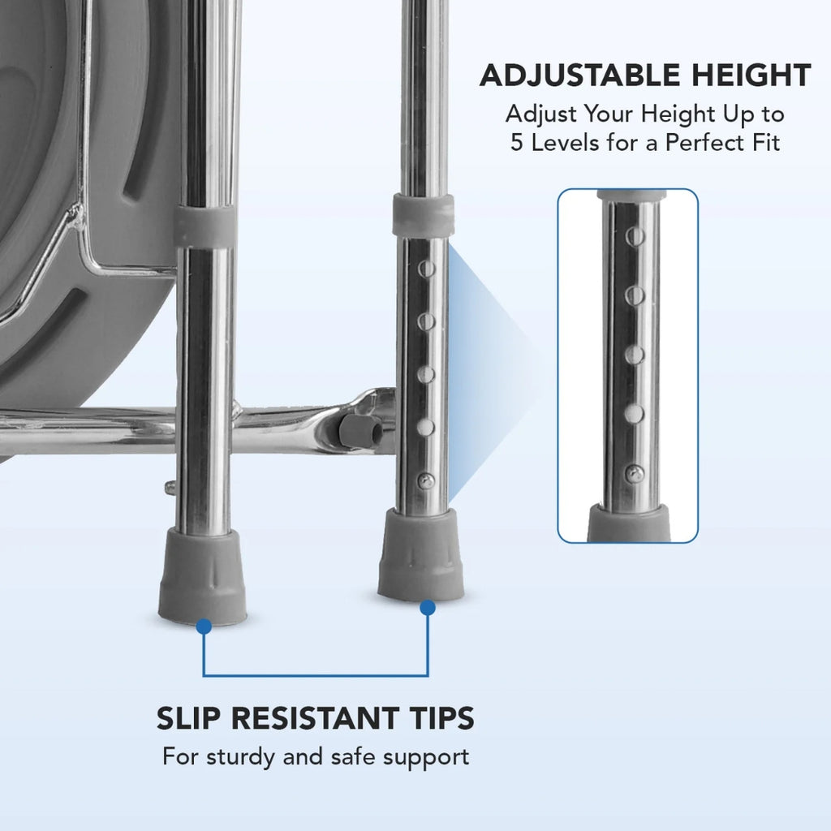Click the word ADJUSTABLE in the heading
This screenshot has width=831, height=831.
click(x=579, y=75)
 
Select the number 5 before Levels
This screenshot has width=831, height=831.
click(x=517, y=143)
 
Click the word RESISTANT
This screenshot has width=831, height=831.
click(x=316, y=719)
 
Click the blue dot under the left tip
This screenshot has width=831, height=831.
click(x=204, y=626)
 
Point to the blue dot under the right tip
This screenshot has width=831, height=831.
click(x=428, y=608)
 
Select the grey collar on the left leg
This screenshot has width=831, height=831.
click(x=205, y=226)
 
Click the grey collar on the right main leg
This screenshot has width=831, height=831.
click(x=423, y=215)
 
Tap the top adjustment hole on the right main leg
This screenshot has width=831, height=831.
click(x=427, y=269)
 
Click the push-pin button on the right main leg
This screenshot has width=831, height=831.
click(x=425, y=481)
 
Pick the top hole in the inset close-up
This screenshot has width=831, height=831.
click(x=635, y=236)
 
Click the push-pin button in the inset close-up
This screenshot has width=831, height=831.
click(x=634, y=473)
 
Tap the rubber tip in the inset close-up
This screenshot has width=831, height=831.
click(x=629, y=523)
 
